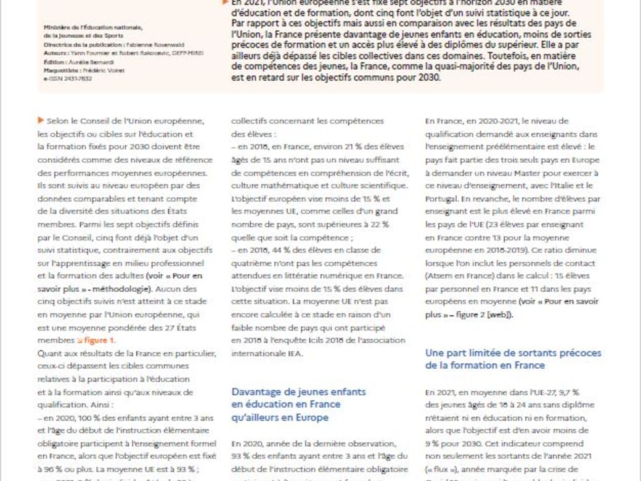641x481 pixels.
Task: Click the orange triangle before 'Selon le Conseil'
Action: pos(41,120)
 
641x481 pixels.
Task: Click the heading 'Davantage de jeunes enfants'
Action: pos(298,392)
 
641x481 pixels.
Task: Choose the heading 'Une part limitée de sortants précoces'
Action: pos(513,353)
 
